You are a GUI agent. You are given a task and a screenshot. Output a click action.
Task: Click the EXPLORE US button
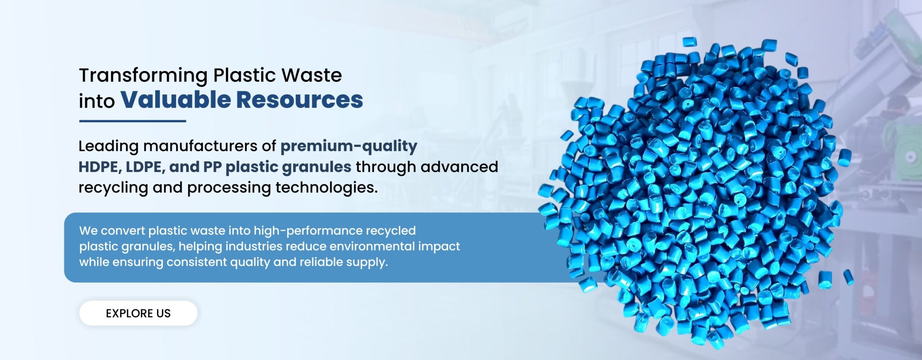click(x=138, y=313)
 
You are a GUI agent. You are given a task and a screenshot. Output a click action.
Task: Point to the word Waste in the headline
click(x=312, y=75)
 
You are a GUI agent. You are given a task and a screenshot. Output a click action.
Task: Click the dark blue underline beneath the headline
click(x=133, y=121)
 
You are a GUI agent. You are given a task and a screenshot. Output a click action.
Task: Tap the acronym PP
click(x=212, y=167)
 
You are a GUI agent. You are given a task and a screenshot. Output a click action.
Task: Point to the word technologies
click(x=327, y=188)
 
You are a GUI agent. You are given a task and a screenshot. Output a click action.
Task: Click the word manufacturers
click(x=201, y=146)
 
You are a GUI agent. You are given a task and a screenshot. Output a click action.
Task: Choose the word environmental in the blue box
click(x=372, y=246)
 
